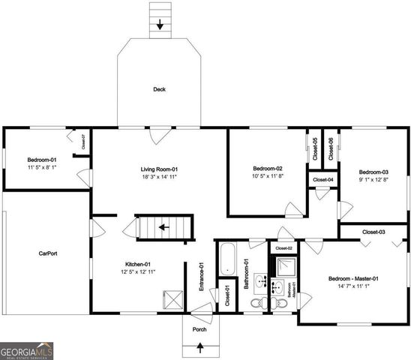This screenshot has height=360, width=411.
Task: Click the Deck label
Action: point(159,89)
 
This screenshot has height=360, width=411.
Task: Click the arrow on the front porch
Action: point(199,346)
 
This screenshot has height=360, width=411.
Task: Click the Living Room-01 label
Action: point(159,170)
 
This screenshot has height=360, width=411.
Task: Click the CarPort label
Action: point(48,253)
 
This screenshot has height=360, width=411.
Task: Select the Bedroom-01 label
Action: point(43,160)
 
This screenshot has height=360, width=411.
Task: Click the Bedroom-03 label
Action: point(373,172)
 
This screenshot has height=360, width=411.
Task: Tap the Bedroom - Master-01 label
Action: point(353,279)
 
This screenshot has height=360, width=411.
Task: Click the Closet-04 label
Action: point(323,180)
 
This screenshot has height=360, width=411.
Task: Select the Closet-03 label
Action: point(373,232)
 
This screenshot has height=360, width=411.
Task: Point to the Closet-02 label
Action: point(283,247)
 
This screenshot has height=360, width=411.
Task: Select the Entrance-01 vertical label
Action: point(202,276)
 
